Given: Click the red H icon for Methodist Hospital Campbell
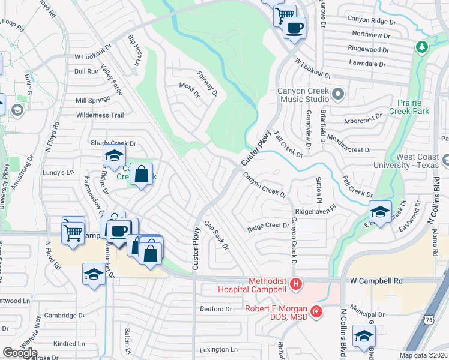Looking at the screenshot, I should pos(295,283).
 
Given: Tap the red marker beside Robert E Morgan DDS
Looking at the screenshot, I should pos(316,311).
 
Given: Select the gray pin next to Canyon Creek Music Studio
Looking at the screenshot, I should pos(337,94).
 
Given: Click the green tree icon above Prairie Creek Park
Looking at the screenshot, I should pos(422,47).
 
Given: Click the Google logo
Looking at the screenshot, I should pos(20,353).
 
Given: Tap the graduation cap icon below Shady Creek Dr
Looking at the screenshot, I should pos(113,156).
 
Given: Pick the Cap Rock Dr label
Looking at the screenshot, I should pos(216,235).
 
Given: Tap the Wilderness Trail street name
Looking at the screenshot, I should pos(100,115).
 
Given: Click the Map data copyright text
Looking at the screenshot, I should pos(424,355).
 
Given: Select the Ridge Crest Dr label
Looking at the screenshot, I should pos(268,226).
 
